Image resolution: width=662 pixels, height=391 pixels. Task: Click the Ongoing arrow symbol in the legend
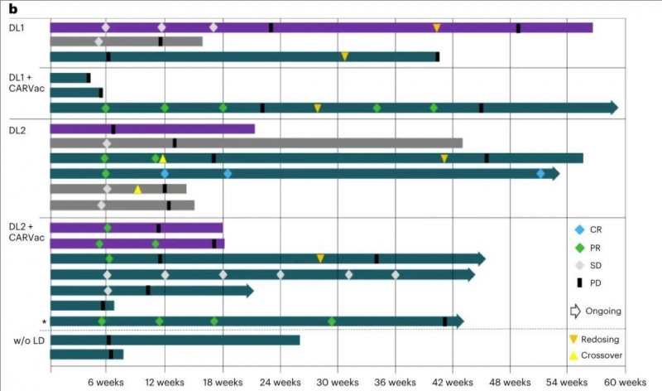[577, 311]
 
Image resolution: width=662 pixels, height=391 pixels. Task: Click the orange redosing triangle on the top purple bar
[437, 28]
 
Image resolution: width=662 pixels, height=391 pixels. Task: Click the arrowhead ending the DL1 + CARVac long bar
[613, 108]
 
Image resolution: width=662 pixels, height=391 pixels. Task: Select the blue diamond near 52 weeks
[540, 173]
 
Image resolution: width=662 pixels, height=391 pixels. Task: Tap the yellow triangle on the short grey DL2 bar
[137, 189]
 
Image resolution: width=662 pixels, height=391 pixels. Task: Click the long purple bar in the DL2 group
[152, 128]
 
